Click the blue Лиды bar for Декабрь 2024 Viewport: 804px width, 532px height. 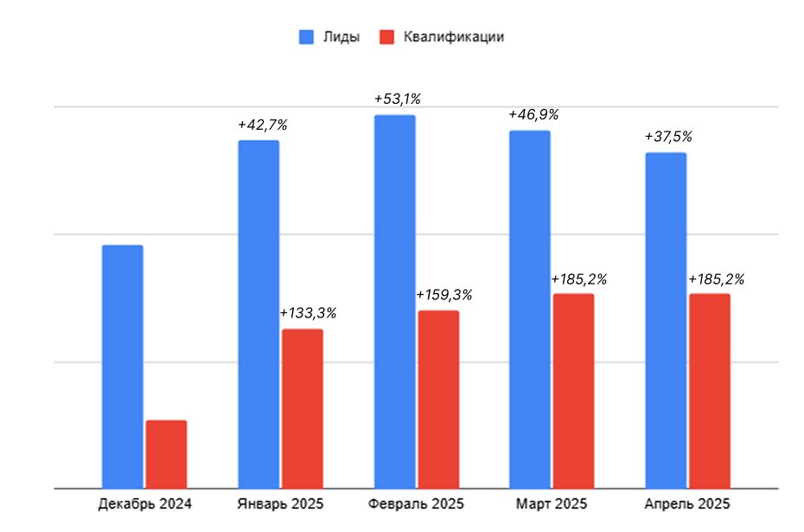click(123, 367)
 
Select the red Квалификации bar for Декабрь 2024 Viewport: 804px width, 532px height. click(166, 454)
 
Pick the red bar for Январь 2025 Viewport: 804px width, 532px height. click(302, 408)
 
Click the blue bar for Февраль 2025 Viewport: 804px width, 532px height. click(395, 302)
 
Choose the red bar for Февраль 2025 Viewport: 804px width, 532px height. click(438, 400)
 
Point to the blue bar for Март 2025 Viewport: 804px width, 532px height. click(530, 310)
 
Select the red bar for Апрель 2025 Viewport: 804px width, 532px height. click(710, 391)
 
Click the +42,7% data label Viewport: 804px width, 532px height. click(263, 125)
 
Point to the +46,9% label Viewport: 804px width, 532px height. click(533, 114)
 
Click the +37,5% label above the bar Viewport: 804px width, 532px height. click(668, 137)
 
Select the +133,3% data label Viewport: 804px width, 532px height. click(308, 313)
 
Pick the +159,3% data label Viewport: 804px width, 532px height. click(444, 295)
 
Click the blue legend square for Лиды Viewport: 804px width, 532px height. click(307, 37)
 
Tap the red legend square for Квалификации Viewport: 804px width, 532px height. click(387, 37)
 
